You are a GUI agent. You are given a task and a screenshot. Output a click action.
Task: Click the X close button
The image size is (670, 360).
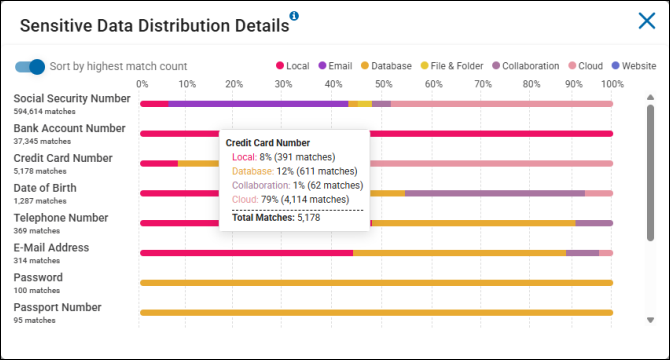(x=646, y=21)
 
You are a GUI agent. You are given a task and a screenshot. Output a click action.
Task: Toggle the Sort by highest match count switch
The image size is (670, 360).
(x=30, y=66)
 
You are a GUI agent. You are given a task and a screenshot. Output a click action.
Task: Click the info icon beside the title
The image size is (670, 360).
(x=294, y=16)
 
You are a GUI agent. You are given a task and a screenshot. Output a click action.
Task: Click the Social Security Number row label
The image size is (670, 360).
(x=71, y=99)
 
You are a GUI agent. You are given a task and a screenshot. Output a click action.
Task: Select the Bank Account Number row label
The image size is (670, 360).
(x=69, y=128)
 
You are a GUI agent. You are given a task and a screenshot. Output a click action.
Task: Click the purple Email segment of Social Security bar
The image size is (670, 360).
(x=258, y=103)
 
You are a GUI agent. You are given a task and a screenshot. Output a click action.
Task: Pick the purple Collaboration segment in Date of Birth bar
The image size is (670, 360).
(x=494, y=193)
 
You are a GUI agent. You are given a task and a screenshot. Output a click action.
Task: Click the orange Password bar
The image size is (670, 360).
(x=376, y=283)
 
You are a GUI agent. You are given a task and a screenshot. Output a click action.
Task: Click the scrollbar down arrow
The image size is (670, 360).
(x=651, y=320)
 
